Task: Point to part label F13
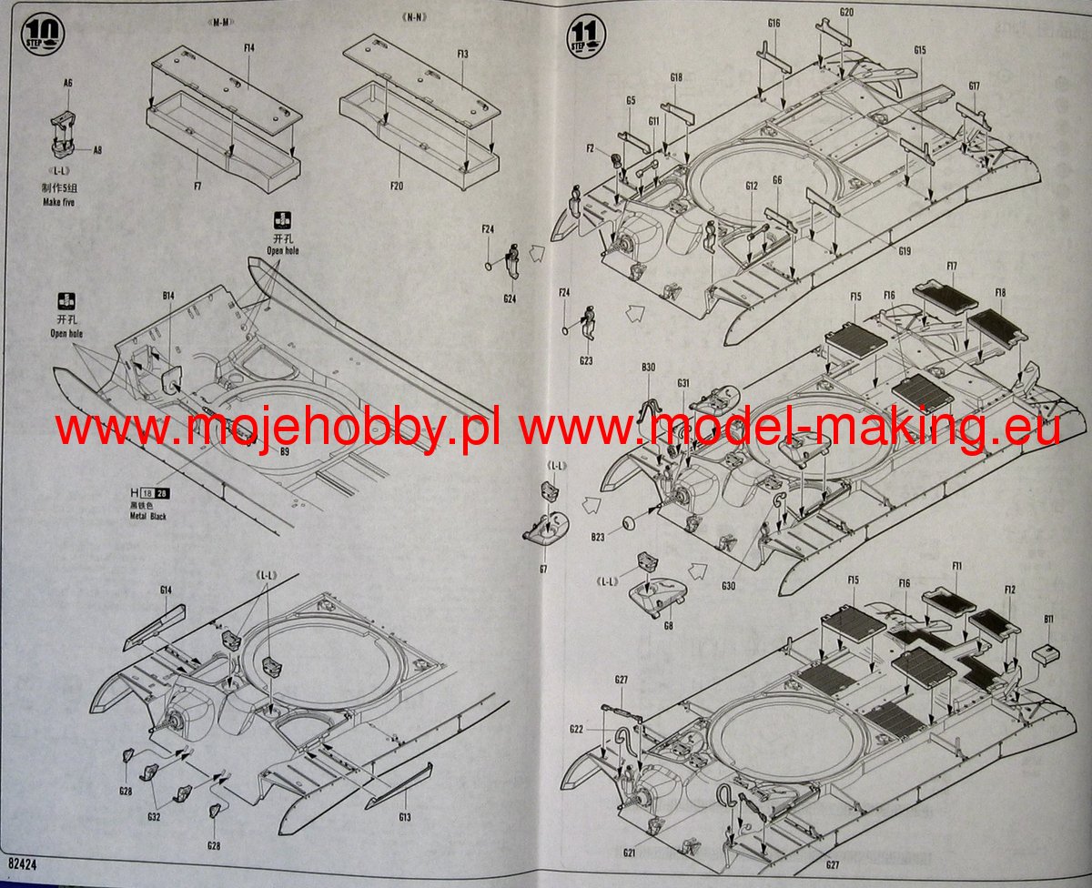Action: (462, 54)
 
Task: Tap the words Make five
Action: (58, 202)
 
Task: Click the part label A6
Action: (67, 83)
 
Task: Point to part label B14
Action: (168, 297)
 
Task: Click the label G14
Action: (166, 590)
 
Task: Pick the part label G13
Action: (404, 817)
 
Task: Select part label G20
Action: (846, 12)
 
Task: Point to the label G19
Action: (904, 250)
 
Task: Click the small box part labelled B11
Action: (1047, 650)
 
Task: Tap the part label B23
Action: (597, 537)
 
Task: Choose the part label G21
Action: (629, 852)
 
